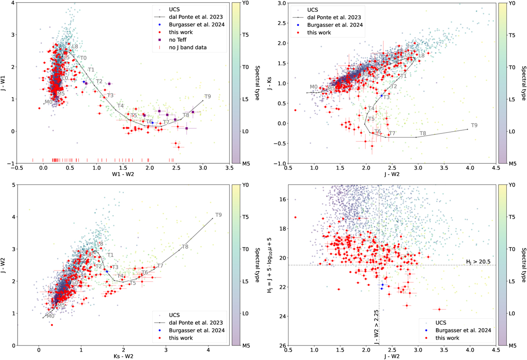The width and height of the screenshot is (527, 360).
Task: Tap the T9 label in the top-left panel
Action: point(207,97)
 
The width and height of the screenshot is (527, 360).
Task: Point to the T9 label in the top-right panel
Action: point(474,126)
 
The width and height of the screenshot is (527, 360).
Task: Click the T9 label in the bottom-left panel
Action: point(218,215)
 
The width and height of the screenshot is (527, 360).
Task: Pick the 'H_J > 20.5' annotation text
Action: point(480,262)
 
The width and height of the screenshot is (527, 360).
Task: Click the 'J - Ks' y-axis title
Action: point(272,83)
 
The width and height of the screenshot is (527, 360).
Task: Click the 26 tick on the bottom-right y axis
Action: point(282,345)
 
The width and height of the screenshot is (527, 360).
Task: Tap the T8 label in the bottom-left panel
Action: point(185,247)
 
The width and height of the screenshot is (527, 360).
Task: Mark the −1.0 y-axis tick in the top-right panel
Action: point(280,163)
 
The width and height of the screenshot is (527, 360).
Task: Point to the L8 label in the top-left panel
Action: point(75,47)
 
